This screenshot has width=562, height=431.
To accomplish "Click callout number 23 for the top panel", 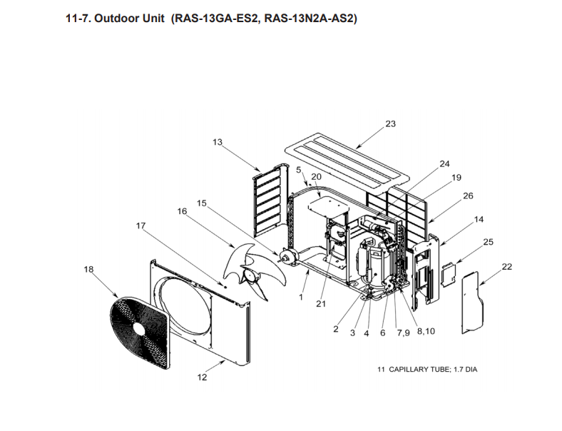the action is (390, 123).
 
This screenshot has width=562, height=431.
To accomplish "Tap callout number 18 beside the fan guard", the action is (88, 269).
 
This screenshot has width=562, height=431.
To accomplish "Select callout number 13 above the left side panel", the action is (218, 142).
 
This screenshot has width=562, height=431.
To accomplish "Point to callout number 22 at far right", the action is (507, 266).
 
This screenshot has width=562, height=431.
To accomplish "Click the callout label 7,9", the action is (403, 333).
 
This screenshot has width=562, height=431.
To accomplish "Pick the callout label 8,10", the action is (426, 331).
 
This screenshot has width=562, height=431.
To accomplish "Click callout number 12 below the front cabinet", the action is (202, 377).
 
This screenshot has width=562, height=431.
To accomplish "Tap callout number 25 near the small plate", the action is (488, 242).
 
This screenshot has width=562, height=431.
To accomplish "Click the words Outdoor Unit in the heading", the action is (129, 19).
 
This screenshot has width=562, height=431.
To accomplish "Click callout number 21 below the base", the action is (321, 304).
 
